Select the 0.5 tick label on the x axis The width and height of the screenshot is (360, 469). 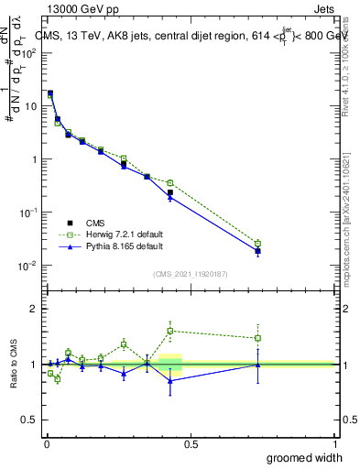pyautogui.click(x=191, y=442)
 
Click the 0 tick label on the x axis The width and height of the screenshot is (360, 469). pyautogui.click(x=47, y=442)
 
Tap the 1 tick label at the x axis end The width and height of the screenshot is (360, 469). pyautogui.click(x=333, y=442)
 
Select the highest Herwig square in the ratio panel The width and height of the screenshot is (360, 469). pyautogui.click(x=170, y=331)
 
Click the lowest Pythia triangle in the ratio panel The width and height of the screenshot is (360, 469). pyautogui.click(x=170, y=380)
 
